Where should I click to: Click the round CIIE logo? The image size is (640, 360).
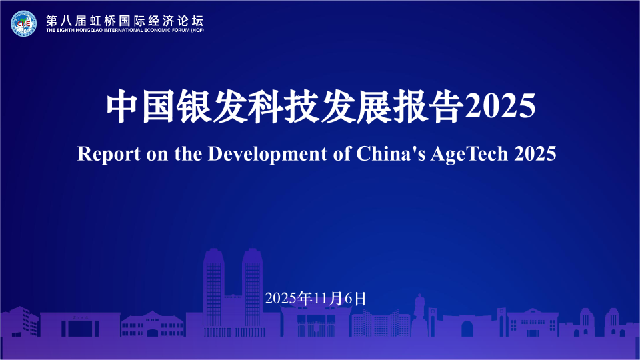pos(24,24)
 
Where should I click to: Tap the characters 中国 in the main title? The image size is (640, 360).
pos(141,107)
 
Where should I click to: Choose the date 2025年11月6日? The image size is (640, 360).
pos(316,298)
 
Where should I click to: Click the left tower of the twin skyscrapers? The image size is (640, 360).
pos(213,287)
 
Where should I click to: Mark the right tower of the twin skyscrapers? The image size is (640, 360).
pos(253,287)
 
